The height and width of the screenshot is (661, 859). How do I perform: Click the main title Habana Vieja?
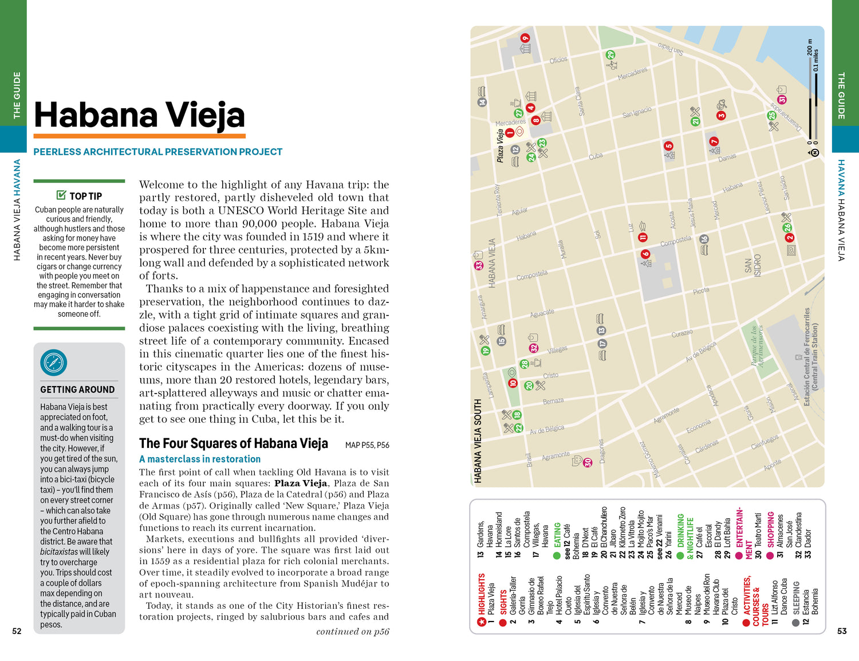pos(139,115)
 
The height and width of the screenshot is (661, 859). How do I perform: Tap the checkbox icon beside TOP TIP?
pos(61,195)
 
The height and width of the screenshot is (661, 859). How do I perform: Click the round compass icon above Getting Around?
pos(54,363)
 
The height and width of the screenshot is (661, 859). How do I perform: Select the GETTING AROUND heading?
pos(77,389)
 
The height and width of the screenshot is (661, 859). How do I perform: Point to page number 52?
pos(17,631)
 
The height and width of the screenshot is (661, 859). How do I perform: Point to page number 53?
pos(842,631)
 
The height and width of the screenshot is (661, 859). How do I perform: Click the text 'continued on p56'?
pos(352,632)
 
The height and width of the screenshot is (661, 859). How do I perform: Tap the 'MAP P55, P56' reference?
pos(367,445)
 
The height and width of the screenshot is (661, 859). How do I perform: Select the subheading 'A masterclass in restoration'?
pos(200,459)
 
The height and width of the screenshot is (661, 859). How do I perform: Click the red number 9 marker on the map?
pos(525,38)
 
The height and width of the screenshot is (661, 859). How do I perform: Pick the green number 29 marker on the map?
pos(610,55)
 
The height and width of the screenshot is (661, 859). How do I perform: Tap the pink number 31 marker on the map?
pos(782,99)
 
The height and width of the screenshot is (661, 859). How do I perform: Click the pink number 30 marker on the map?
pos(587,462)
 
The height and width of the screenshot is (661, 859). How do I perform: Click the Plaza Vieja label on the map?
pos(500,145)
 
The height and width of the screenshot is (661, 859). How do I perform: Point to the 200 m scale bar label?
pos(809,46)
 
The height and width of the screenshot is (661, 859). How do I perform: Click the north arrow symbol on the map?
pos(815,153)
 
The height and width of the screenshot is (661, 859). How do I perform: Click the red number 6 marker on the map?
pos(645,254)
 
